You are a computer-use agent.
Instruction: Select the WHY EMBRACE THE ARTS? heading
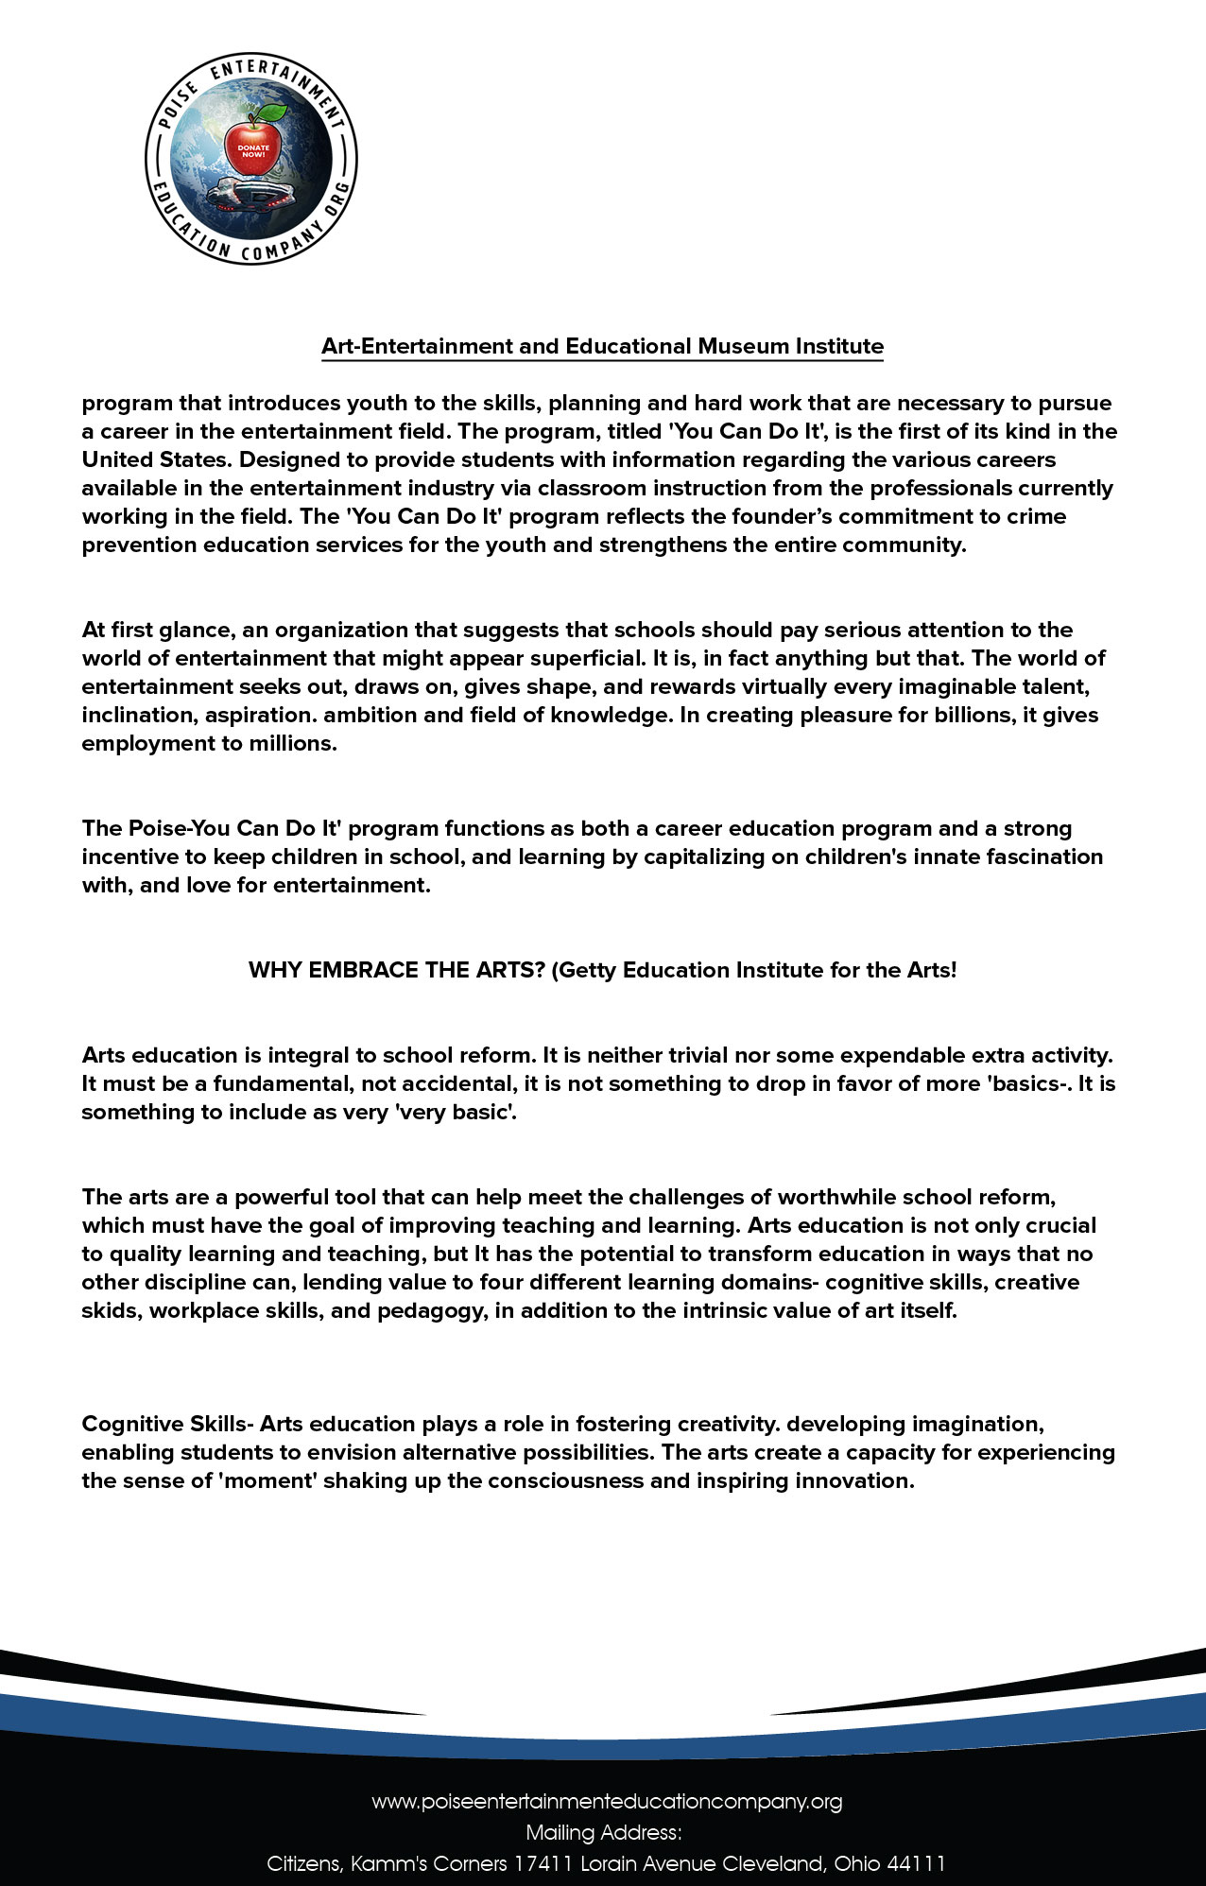click(396, 970)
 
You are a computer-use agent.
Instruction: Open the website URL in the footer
click(606, 1801)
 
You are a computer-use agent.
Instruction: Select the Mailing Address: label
click(603, 1832)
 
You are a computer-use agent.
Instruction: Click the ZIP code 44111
click(914, 1863)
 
